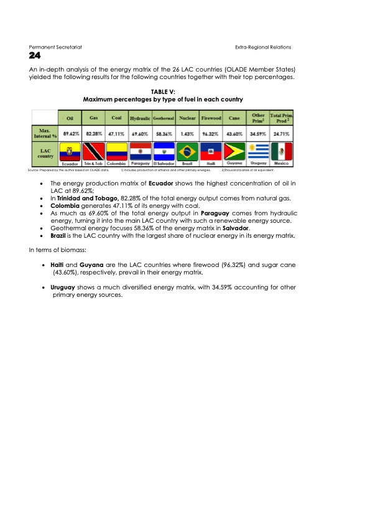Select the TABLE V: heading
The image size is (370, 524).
[163, 91]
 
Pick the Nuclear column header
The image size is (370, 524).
[187, 118]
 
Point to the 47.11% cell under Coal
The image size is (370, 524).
[116, 133]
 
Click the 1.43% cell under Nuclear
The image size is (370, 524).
[187, 133]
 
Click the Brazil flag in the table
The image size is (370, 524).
[187, 152]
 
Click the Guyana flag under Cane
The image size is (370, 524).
[234, 152]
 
